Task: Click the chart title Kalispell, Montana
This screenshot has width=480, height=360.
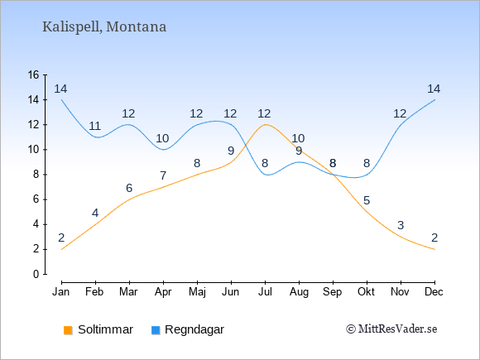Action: pos(104,27)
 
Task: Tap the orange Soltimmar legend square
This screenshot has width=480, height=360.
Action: pos(68,330)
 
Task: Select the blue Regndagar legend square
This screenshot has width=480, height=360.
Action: pos(156,330)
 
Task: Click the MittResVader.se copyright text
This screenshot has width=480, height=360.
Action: pos(391,329)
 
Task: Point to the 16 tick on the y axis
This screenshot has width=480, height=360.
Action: pos(34,74)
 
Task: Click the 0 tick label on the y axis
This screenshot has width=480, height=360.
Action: pos(36,274)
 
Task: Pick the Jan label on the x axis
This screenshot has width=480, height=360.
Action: pos(61,292)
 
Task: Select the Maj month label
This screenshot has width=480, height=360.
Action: pos(197,292)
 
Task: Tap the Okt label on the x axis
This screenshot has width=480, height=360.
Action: pos(366,292)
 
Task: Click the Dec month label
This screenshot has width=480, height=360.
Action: pos(434,292)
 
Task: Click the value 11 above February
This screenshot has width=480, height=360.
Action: pos(94,126)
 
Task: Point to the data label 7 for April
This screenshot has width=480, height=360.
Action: pos(163,175)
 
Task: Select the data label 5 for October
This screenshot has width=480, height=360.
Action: pos(367,200)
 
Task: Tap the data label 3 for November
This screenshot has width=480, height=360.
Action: pos(401,225)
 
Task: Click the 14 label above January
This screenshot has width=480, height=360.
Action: pos(60,89)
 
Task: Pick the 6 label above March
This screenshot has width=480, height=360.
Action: pos(129,188)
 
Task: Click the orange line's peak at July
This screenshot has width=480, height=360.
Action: pos(265,125)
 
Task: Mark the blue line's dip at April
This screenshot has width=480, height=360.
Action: pos(164,150)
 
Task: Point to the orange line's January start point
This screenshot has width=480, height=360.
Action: pos(62,249)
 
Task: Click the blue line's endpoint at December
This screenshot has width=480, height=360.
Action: pos(434,100)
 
